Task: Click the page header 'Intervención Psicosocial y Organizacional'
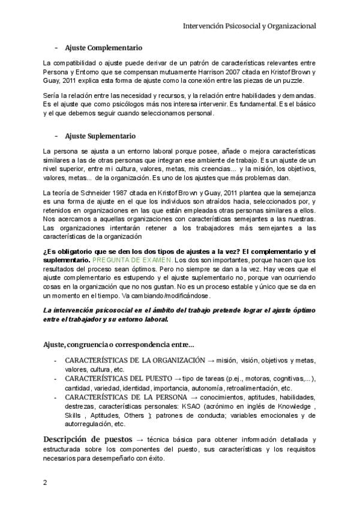pos(250,26)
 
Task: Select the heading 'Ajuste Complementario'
pos(103,47)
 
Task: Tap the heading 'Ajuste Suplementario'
pos(100,136)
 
